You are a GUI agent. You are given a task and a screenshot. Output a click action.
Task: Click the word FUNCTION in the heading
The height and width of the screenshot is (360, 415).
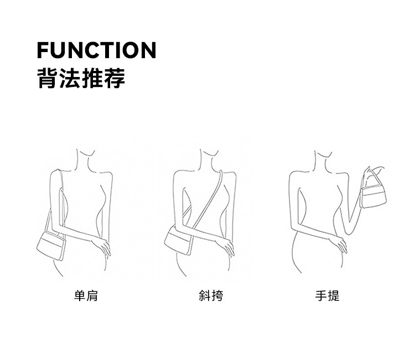click(x=96, y=50)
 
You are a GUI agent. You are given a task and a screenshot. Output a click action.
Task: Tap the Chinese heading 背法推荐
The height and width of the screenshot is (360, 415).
click(x=81, y=78)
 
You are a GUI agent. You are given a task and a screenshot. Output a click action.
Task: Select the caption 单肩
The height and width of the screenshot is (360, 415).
click(x=86, y=296)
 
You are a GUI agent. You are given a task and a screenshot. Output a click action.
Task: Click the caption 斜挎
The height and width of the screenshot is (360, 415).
click(x=211, y=296)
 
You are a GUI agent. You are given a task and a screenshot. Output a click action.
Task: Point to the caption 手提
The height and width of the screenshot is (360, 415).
click(x=327, y=296)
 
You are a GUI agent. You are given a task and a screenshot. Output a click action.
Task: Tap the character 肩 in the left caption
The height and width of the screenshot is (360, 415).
click(x=92, y=296)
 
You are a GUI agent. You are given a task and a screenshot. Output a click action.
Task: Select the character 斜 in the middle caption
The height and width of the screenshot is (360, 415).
click(x=205, y=296)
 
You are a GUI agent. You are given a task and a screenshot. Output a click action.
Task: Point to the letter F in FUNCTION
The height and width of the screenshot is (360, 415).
click(x=43, y=50)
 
